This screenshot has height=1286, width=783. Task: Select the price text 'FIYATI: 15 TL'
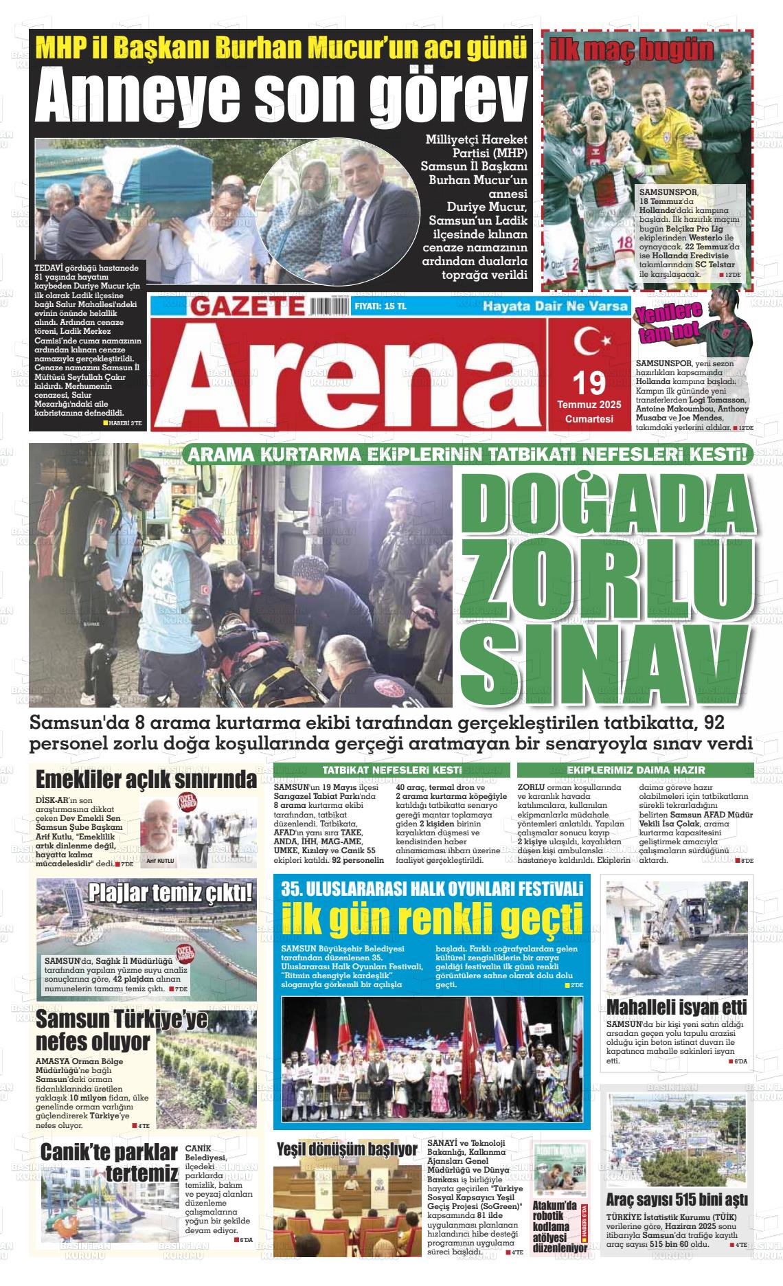(381, 306)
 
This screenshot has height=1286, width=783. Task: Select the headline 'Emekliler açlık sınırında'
(146, 780)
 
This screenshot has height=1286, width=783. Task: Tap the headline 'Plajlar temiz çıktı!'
(170, 893)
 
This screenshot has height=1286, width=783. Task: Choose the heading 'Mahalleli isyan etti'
(677, 1008)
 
